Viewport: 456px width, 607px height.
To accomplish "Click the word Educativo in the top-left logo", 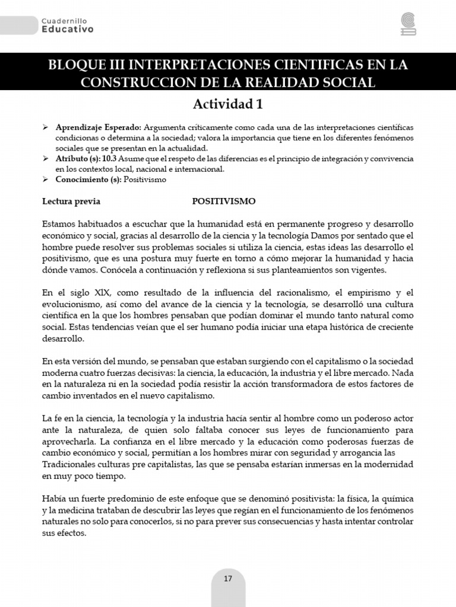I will coord(67,29).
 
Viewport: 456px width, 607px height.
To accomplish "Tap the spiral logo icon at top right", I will coord(408,24).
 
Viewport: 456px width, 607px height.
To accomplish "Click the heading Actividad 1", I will coord(227,104).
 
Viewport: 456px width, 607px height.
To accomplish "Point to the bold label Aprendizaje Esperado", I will coord(98,128).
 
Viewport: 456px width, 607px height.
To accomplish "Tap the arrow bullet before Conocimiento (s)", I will coord(46,179).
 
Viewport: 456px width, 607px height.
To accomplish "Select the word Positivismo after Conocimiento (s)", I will coord(145,179).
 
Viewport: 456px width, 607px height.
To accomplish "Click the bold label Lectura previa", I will coord(71,201).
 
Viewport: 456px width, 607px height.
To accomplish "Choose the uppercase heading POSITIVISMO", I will coord(224,201).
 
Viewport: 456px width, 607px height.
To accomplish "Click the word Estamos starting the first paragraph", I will coord(60,224).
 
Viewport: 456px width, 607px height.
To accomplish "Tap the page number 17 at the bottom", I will coord(228,579).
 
